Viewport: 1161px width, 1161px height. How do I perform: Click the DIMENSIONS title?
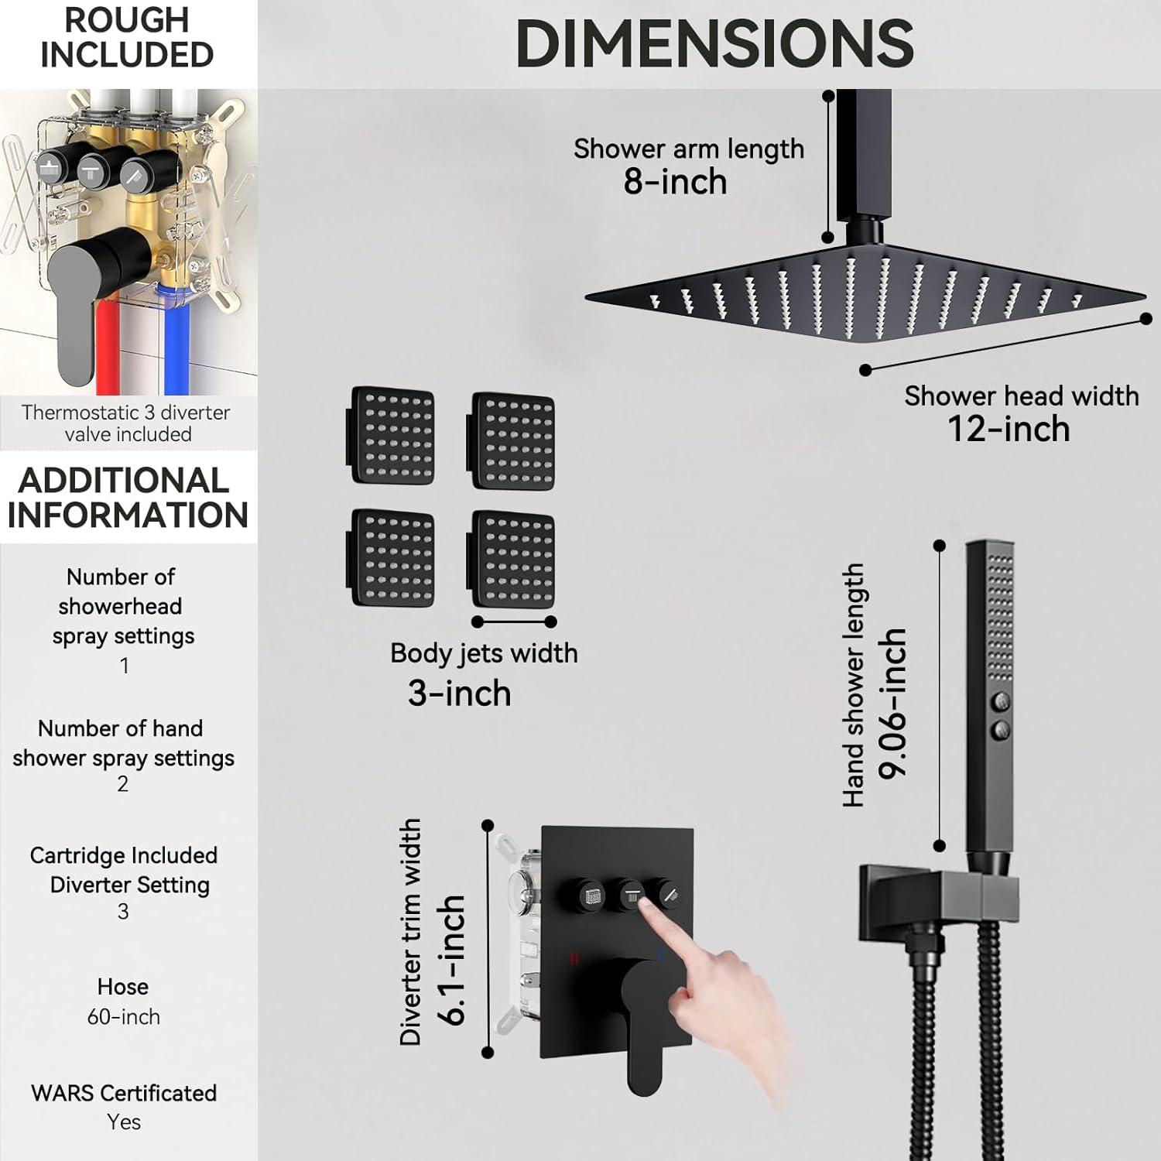coord(714,43)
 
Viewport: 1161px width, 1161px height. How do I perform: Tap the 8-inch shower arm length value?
coord(675,182)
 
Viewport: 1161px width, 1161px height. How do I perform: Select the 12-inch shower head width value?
coord(1009,429)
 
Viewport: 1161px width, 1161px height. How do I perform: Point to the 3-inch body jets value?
coord(460,693)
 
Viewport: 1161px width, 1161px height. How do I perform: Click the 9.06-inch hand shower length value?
coord(892,704)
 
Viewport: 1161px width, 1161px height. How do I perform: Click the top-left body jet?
coord(390,436)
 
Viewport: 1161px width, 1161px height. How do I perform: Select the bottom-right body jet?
coord(512,559)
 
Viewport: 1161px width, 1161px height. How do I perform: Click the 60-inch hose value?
coord(123,1016)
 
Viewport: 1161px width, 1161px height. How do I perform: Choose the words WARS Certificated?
coord(124,1093)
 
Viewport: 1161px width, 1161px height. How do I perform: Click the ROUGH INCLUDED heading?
coord(127,37)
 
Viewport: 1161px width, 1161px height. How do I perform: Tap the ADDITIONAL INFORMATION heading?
coord(128,498)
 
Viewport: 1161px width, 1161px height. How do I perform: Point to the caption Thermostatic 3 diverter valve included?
coord(126,423)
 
